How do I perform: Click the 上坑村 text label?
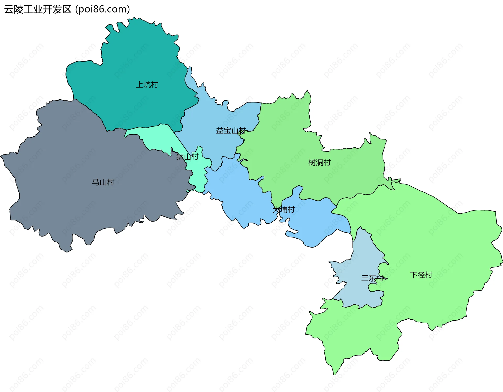(147, 85)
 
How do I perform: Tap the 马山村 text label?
(103, 182)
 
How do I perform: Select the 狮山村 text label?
(187, 157)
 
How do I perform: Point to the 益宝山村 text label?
(231, 131)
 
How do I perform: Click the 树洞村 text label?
(319, 163)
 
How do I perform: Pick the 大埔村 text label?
(284, 210)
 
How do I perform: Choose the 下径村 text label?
(421, 275)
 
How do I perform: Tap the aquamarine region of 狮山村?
(157, 136)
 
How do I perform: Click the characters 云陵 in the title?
(14, 9)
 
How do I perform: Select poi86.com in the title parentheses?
(102, 9)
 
